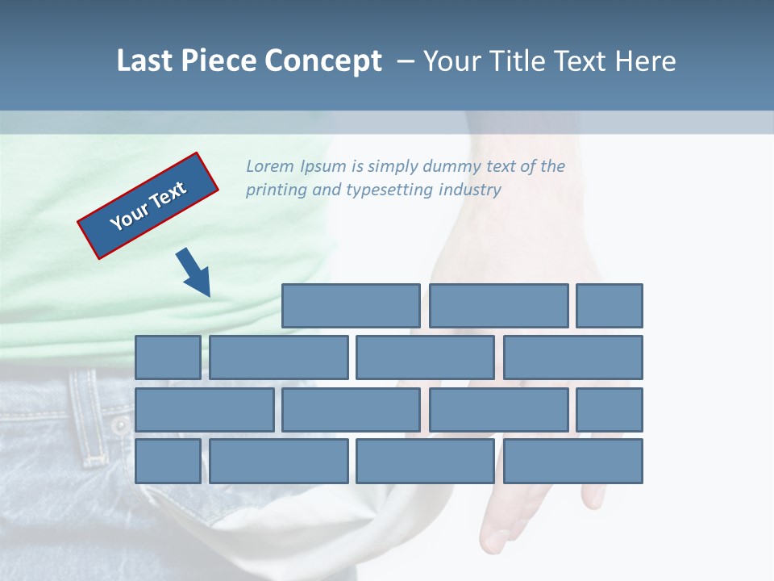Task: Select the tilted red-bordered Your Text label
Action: tap(148, 206)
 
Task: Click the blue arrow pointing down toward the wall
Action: tap(194, 272)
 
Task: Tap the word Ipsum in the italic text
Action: tap(322, 167)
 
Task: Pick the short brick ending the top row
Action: tap(610, 306)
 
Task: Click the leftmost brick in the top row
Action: tap(351, 306)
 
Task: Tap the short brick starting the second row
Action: tap(168, 357)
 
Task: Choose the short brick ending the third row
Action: tap(610, 409)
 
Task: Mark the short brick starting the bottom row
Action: tap(168, 462)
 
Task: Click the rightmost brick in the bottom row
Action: tap(573, 462)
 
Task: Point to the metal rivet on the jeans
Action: tap(120, 425)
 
